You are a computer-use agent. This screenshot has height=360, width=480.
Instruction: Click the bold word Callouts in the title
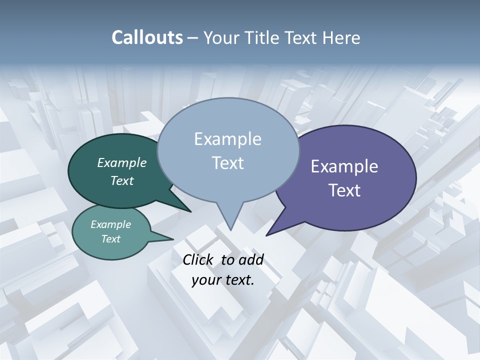pos(147,37)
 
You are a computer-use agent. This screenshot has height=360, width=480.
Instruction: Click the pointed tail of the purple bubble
pos(269,233)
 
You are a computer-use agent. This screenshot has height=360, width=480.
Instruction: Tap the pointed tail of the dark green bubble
pos(188,210)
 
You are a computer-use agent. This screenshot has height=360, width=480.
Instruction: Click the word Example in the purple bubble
pos(344,166)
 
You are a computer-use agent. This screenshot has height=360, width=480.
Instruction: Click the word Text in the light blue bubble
pos(227,163)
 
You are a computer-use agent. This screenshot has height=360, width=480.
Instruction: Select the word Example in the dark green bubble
pos(121,163)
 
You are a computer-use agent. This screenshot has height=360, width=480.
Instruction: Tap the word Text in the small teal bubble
pos(110,239)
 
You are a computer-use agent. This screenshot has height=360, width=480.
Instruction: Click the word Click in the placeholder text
pos(198,259)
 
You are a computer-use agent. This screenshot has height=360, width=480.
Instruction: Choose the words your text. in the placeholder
pos(222,280)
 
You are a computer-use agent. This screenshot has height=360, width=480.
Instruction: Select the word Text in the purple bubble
pos(344,190)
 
